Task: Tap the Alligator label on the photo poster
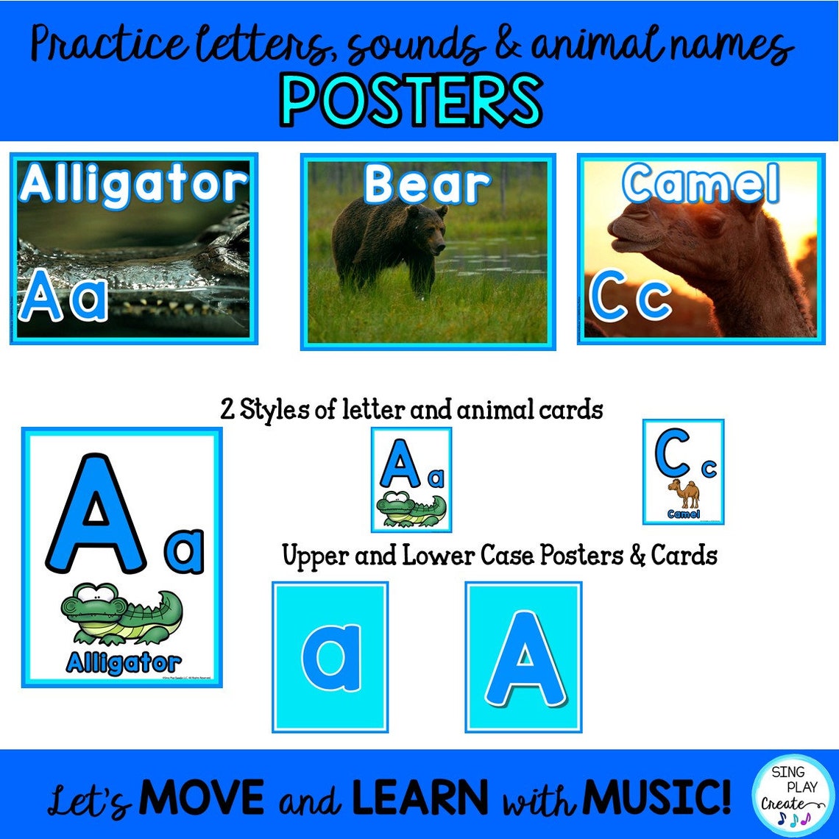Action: point(134,184)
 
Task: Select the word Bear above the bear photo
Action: point(427,184)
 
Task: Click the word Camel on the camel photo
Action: point(700,185)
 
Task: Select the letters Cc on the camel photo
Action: point(631,297)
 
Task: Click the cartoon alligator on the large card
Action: point(122,614)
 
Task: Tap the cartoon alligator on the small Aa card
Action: point(410,508)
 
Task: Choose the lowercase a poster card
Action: point(330,656)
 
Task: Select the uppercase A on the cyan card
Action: point(524,656)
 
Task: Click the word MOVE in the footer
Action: point(201,796)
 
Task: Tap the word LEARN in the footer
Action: point(419,796)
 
